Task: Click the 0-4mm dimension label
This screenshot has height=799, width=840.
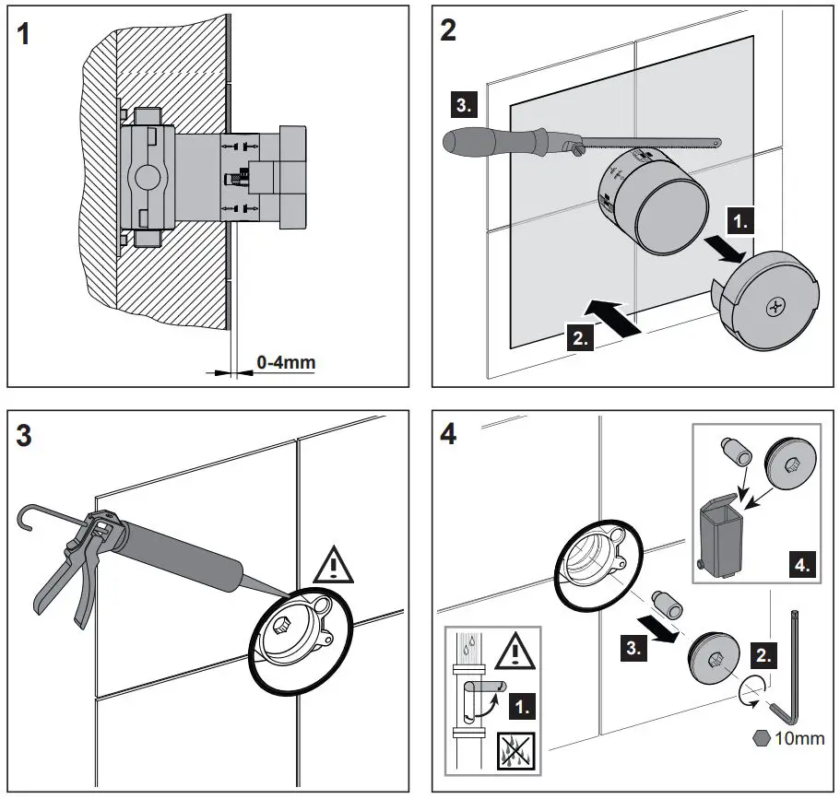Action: (x=285, y=362)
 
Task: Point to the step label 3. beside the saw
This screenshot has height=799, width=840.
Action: (x=463, y=104)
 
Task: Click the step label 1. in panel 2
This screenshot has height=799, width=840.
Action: (x=741, y=220)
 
